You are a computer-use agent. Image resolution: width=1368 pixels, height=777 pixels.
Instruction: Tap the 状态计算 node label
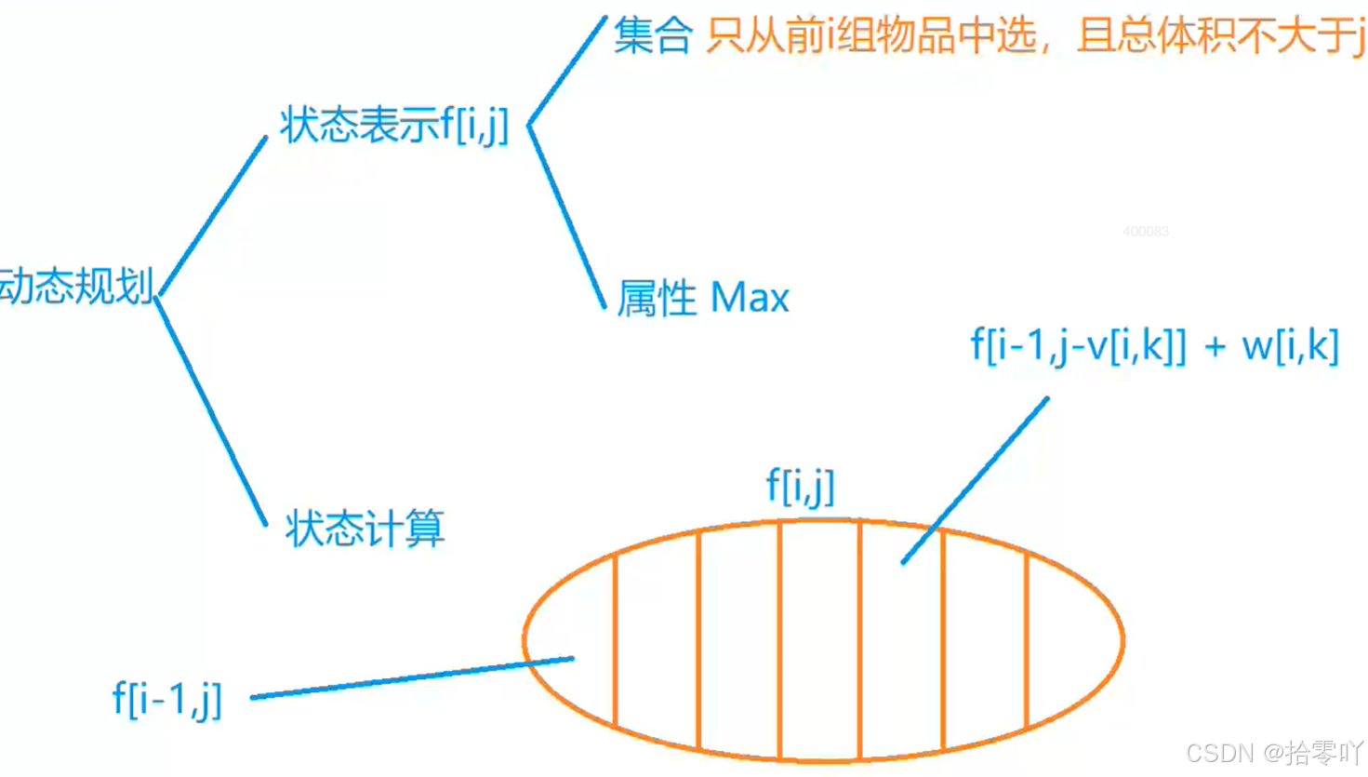[365, 529]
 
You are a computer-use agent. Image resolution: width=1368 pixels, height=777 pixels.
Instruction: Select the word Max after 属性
[750, 298]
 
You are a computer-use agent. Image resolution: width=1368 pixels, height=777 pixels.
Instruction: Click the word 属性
[657, 298]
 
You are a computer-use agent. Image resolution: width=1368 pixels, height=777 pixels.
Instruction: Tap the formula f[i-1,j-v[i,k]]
[1079, 346]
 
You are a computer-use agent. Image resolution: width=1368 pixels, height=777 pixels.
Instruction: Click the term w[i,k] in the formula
[1290, 346]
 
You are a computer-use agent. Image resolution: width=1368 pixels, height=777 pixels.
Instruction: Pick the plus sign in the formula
[1215, 347]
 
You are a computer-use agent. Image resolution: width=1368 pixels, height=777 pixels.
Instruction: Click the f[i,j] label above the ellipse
[800, 486]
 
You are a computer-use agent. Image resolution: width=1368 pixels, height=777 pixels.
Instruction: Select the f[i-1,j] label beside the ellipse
[167, 698]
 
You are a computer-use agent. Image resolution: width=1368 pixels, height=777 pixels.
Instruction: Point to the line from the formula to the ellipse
[976, 480]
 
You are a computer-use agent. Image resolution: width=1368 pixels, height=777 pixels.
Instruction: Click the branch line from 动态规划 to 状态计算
[211, 410]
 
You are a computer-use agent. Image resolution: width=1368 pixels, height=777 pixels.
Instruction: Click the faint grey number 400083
[1145, 231]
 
